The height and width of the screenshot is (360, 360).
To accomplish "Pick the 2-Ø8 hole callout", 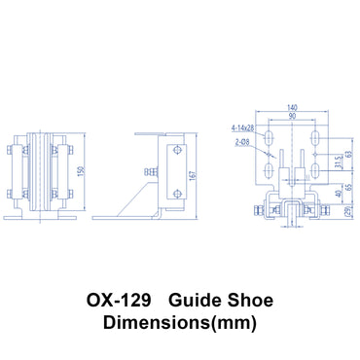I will [244, 141].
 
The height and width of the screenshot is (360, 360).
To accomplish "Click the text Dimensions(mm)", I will [180, 318].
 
